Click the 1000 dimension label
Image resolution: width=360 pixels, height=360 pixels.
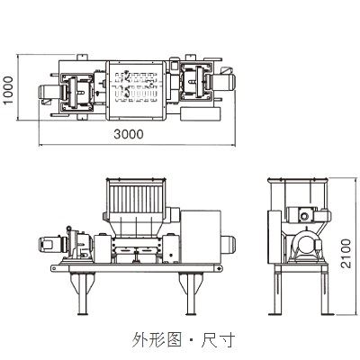(x=9, y=90)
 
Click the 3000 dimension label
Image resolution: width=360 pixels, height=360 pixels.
(x=129, y=134)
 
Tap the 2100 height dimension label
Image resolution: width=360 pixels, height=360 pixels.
(x=346, y=254)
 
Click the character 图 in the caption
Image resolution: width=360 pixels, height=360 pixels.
(x=174, y=339)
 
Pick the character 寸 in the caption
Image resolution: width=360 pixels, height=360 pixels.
(x=227, y=339)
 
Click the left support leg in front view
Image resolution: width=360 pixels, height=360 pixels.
(x=82, y=293)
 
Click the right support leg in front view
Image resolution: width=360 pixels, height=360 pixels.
(x=191, y=293)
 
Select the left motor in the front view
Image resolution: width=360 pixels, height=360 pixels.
(x=53, y=245)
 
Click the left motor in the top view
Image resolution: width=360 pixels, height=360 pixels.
(x=51, y=94)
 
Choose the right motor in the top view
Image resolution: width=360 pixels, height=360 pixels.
(x=223, y=82)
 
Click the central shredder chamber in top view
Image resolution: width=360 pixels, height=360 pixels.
(x=137, y=90)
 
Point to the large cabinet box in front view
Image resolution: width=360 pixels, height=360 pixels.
(x=201, y=237)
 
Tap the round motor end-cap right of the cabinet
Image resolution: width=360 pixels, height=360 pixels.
(x=229, y=245)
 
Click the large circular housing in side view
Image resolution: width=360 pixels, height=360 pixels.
(x=307, y=245)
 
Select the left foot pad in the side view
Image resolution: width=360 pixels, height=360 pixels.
(x=274, y=314)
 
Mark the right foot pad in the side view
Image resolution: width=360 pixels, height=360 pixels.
(x=327, y=314)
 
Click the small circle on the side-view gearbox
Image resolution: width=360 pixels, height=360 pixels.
(x=305, y=216)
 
